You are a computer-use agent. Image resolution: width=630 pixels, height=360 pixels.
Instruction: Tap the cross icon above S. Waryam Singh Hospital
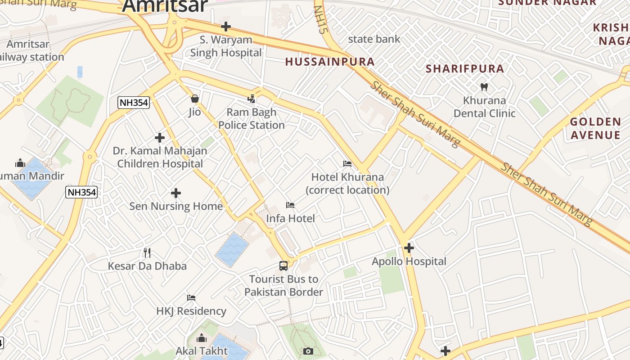[x=226, y=27]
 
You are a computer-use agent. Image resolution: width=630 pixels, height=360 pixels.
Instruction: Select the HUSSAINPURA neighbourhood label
[x=330, y=62]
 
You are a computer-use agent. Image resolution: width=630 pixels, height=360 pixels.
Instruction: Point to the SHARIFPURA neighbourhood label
[x=465, y=69]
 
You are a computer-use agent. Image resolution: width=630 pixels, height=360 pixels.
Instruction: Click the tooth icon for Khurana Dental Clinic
[x=484, y=87]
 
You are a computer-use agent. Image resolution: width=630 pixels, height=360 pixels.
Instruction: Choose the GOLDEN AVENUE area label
[x=595, y=128]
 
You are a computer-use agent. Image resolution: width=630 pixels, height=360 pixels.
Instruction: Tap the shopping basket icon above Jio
[x=195, y=99]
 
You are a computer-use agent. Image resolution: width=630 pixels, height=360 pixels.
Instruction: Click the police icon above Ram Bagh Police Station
[x=252, y=99]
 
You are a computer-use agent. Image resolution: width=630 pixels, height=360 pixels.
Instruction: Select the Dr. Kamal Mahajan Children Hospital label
[x=160, y=157]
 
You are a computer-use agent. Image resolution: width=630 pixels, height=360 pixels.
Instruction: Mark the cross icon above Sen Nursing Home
[x=176, y=193]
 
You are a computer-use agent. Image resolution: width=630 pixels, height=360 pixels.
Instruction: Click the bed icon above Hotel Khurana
[x=347, y=163]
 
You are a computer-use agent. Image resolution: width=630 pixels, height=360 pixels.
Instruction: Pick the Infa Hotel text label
[x=290, y=218]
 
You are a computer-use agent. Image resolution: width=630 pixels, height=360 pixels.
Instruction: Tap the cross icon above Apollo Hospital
[x=409, y=248]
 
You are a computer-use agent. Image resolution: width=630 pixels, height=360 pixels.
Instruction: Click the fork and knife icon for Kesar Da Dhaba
[x=147, y=252]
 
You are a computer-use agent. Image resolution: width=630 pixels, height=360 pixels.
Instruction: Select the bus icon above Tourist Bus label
[x=283, y=265]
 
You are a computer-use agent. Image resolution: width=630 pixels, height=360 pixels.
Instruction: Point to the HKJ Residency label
[x=191, y=311]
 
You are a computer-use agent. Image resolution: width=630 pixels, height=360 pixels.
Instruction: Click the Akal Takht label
[x=202, y=351]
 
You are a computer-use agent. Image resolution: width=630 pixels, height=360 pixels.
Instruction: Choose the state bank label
[x=374, y=39]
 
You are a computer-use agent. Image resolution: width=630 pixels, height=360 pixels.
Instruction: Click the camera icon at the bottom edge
[x=308, y=351]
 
